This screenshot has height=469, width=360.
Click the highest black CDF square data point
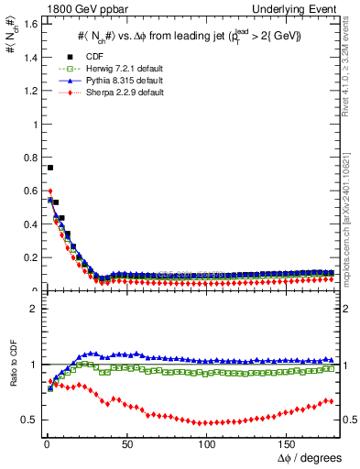coord(50,168)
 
